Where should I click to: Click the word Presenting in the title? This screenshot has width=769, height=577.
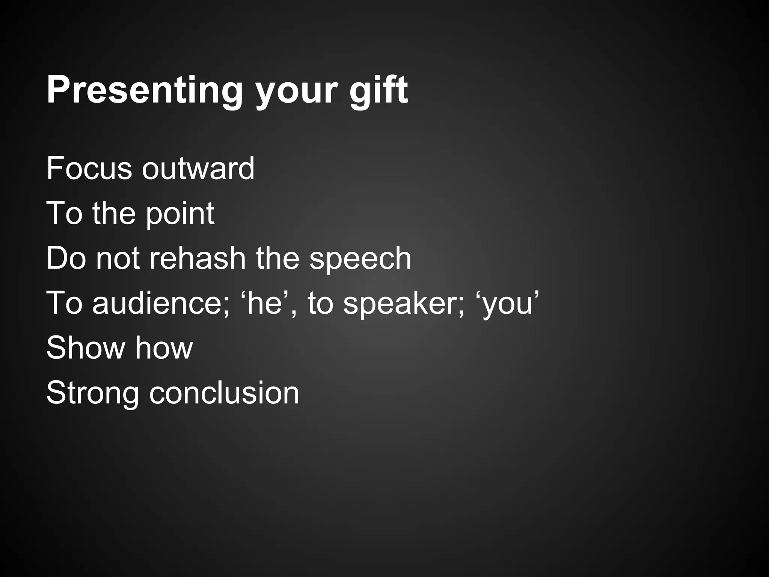pos(145,91)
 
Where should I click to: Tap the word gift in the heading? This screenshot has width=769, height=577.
pos(378,91)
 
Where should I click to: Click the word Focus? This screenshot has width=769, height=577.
pos(89,168)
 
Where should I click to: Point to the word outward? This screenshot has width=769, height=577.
pos(198,168)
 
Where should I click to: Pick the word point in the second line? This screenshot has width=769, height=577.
pos(180,213)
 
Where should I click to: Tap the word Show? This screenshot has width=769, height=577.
pos(86,348)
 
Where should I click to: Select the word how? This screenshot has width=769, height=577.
pos(164,348)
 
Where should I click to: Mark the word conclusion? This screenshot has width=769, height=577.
pos(224,393)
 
